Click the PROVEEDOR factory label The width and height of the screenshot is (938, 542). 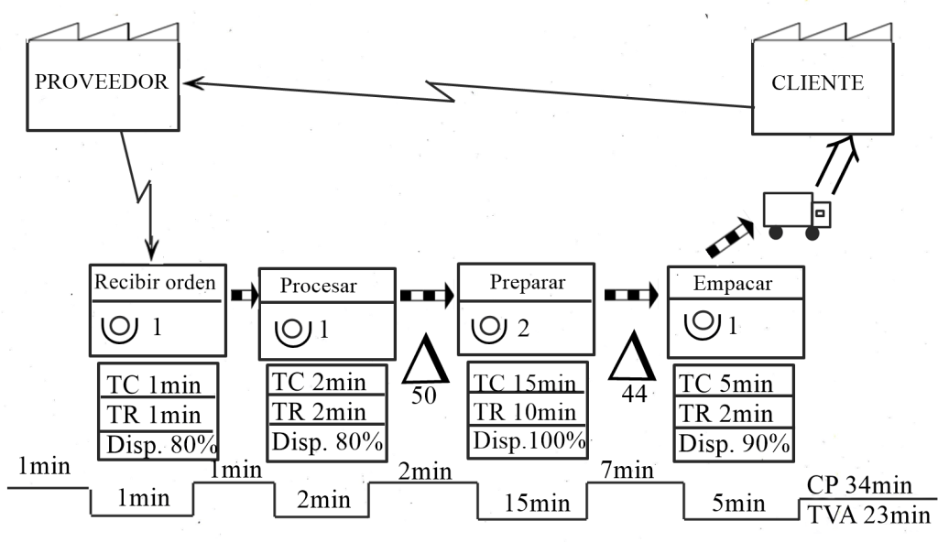pyautogui.click(x=101, y=81)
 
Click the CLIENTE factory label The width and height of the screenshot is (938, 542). pyautogui.click(x=817, y=82)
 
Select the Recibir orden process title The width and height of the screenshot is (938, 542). pyautogui.click(x=155, y=281)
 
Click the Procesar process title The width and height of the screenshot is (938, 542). pyautogui.click(x=318, y=286)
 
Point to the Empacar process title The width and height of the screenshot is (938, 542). pyautogui.click(x=733, y=283)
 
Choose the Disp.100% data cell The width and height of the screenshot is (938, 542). pyautogui.click(x=529, y=439)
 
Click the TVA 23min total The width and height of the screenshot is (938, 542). pyautogui.click(x=869, y=515)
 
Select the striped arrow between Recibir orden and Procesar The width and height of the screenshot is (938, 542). pyautogui.click(x=245, y=295)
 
